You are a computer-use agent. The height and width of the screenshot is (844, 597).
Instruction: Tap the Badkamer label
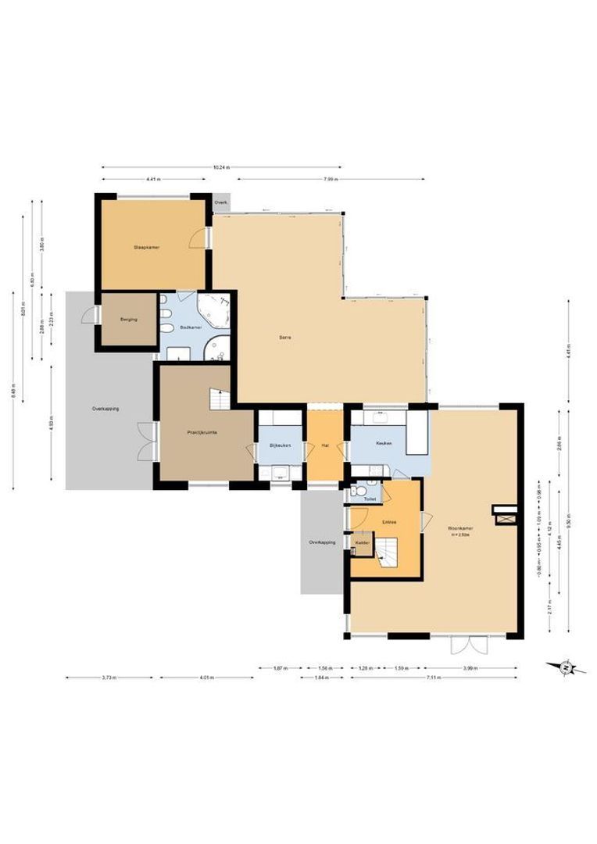coord(191,327)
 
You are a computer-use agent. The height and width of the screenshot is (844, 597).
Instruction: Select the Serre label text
coord(285,338)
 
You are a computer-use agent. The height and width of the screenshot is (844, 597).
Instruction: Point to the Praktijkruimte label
coord(202,431)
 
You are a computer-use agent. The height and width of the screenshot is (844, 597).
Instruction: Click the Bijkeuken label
coord(280,445)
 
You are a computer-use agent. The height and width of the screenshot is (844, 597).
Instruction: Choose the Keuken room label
coord(383,443)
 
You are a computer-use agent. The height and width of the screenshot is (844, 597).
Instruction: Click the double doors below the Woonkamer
coord(468,646)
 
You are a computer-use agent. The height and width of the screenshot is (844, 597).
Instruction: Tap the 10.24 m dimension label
coord(221,167)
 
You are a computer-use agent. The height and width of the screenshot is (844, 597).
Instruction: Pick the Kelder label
coord(362,542)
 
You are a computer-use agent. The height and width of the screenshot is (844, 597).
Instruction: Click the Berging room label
coord(129,319)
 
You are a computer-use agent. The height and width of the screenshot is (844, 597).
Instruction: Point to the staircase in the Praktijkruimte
coord(219,399)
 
